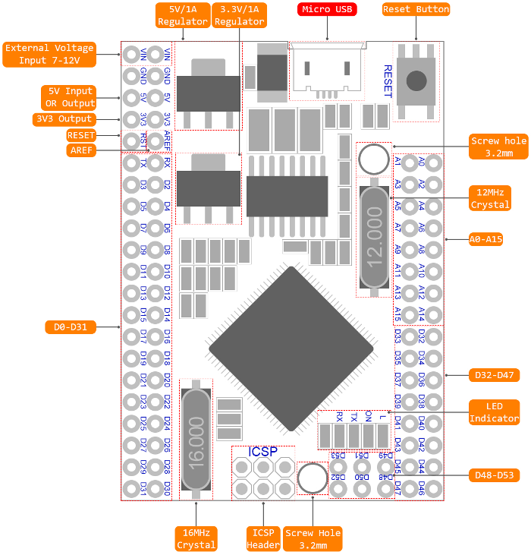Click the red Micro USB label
pos(327,9)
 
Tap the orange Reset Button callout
pos(416,9)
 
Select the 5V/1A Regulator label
pos(182,15)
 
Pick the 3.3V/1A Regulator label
pos(239,15)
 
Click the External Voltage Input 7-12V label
pos(49,54)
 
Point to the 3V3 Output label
pos(64,119)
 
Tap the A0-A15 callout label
pos(487,238)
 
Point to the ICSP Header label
pos(263,538)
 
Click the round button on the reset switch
pos(416,80)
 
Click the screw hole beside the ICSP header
pos(312,478)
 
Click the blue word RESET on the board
pos(387,81)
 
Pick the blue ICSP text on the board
pos(263,452)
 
